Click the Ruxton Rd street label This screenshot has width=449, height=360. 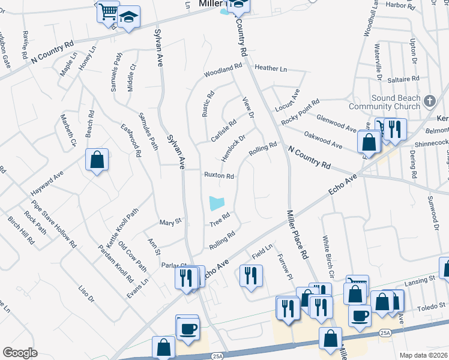(218, 176)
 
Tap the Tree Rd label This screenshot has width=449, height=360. (220, 220)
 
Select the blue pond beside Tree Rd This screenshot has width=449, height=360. (217, 203)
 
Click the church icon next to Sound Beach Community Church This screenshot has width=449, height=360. (429, 101)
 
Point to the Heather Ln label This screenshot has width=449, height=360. (271, 69)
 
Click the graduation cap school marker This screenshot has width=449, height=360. (128, 19)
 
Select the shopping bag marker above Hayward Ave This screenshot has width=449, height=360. (97, 161)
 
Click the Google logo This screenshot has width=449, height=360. (20, 353)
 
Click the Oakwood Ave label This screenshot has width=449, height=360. (324, 140)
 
